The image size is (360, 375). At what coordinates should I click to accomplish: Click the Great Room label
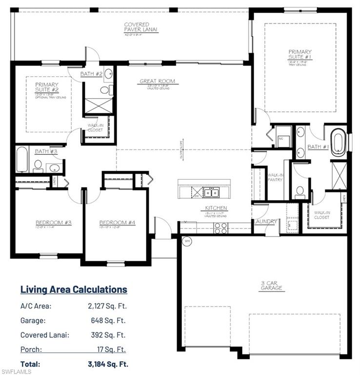[157, 82]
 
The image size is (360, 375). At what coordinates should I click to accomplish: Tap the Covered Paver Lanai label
[136, 27]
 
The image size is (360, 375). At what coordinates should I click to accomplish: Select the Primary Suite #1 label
[300, 54]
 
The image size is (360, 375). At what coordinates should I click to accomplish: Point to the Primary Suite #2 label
[47, 87]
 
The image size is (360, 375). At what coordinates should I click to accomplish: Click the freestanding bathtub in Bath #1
[338, 142]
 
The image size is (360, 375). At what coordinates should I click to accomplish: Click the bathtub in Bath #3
[22, 159]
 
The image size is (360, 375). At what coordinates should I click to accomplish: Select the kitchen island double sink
[211, 192]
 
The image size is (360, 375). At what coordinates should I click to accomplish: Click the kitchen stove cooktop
[220, 228]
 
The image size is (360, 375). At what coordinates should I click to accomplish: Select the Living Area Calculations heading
[74, 289]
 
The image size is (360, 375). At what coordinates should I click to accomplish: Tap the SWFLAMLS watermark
[16, 371]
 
